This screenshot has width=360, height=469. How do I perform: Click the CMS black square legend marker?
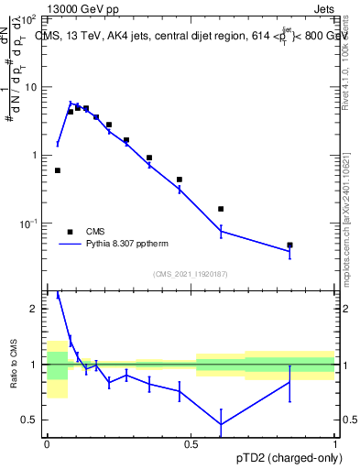click(69, 232)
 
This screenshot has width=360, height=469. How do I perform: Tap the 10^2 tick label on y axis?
click(28, 19)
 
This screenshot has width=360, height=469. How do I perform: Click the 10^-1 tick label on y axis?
click(28, 224)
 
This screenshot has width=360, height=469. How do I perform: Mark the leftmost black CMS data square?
click(58, 170)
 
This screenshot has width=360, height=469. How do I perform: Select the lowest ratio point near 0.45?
click(221, 424)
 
